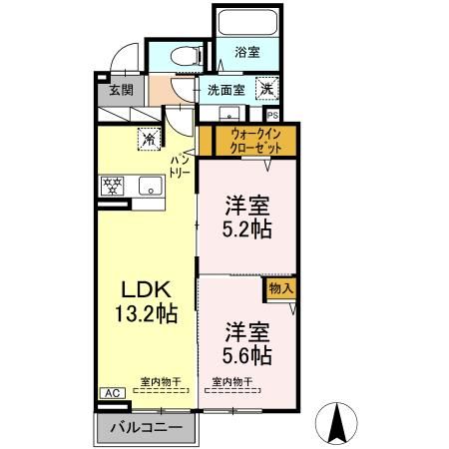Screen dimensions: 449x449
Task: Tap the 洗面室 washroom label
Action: [224, 90]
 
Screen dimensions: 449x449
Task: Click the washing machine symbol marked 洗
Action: [268, 88]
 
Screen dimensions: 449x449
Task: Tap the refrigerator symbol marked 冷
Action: [148, 139]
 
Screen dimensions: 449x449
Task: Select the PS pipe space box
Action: [271, 115]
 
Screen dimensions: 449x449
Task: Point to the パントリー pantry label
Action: [182, 166]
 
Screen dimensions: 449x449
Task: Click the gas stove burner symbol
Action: [112, 186]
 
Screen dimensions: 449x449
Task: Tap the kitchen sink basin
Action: [151, 186]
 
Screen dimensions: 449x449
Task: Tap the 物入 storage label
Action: [280, 288]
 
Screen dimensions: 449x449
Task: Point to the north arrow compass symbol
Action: [337, 422]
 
